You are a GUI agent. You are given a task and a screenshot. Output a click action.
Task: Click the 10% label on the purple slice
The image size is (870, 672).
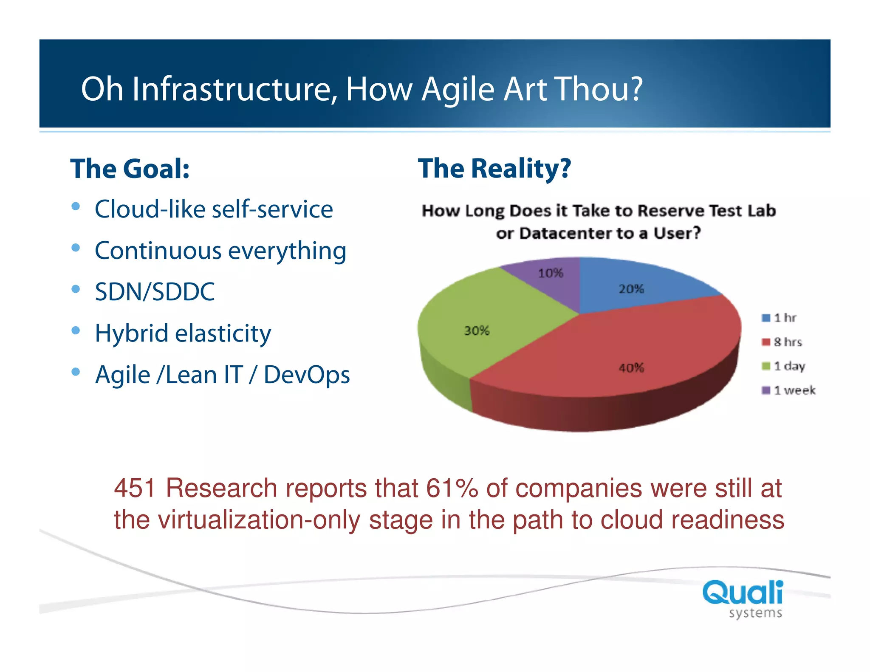[x=551, y=273]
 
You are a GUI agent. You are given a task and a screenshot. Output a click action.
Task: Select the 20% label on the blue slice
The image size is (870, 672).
[x=631, y=289]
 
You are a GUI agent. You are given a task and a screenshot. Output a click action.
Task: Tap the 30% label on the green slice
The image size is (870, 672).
[x=477, y=330]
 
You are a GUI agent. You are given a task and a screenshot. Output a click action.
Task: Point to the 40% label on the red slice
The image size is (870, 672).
[x=631, y=368]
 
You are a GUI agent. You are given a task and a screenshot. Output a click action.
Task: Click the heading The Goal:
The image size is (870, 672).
[x=130, y=169]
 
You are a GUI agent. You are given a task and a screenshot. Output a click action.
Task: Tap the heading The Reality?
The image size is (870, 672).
[x=494, y=169]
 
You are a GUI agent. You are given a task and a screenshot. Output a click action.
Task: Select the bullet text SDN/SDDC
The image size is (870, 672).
[x=155, y=292]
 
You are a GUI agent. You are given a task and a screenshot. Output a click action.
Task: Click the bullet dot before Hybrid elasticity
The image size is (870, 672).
[x=76, y=330]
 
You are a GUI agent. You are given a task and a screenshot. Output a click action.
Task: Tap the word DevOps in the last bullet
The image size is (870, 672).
[x=306, y=375]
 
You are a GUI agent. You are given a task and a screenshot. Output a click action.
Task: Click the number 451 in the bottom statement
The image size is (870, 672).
[x=135, y=488]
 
